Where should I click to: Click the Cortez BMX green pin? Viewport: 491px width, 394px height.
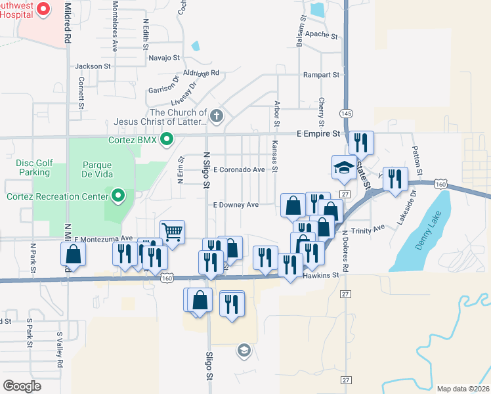click(x=167, y=139)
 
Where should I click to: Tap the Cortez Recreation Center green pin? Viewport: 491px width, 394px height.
click(x=119, y=196)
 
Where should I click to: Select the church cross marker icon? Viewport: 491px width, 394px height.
click(x=217, y=117)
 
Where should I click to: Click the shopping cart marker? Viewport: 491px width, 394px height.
click(x=172, y=231)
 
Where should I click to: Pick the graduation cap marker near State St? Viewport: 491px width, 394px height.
click(x=343, y=167)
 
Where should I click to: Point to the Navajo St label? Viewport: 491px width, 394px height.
click(x=163, y=58)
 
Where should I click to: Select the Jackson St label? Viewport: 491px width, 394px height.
click(x=93, y=66)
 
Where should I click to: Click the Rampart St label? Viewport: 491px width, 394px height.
click(x=320, y=75)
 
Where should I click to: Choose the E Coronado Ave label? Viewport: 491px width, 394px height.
click(x=238, y=169)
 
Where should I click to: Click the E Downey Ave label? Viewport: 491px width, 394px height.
click(x=236, y=205)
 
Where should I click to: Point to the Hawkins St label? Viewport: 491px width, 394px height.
click(x=320, y=276)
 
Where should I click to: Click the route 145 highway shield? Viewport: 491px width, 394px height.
click(x=346, y=113)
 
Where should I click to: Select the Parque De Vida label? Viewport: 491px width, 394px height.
click(x=98, y=169)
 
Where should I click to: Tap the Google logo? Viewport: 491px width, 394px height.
click(x=22, y=385)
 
